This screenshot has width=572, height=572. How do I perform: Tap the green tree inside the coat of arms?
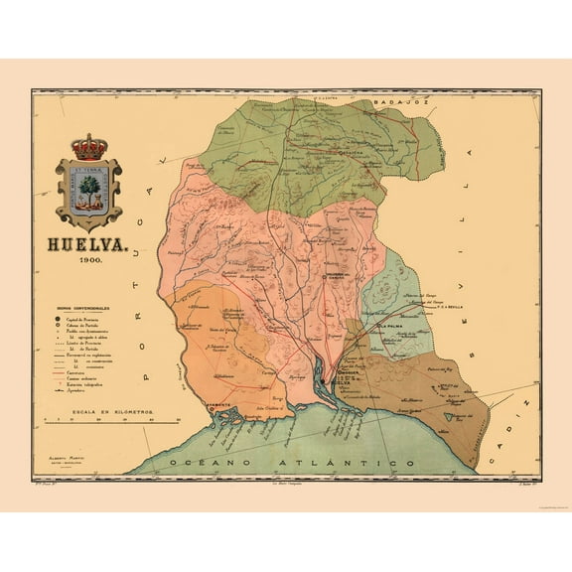[x=90, y=185]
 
